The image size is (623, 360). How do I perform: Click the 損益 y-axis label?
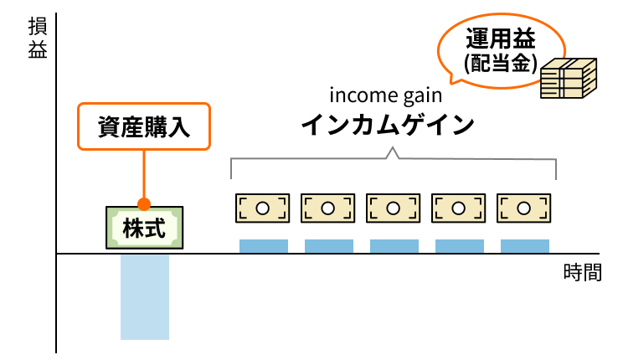pos(38,38)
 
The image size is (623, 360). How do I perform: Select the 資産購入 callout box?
pos(143,127)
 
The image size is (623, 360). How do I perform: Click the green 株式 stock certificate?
pos(144,227)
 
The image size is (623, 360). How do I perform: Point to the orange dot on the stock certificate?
pos(144,203)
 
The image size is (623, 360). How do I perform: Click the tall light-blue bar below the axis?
pos(145,297)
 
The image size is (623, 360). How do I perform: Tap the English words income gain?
pos(386,93)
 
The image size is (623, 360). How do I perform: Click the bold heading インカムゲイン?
pos(388,126)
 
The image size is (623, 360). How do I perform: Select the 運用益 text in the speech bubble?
pos(500,40)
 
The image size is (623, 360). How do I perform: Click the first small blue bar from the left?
pos(264,246)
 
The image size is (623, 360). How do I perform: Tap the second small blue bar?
pos(329,246)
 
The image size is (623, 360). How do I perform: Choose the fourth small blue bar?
pos(460,246)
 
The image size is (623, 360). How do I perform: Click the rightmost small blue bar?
pos(525,246)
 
